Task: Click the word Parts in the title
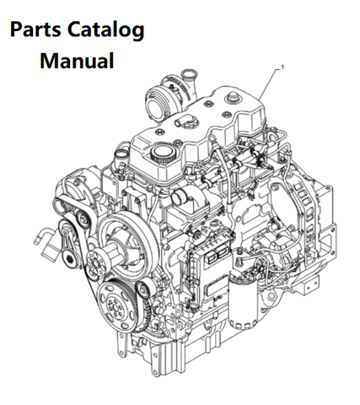35,30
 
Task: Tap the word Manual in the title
77,61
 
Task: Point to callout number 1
282,67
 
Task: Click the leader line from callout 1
269,84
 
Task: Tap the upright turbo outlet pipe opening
187,75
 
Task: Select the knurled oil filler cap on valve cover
161,154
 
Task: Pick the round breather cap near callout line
232,98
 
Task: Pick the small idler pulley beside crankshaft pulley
142,289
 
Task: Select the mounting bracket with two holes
311,285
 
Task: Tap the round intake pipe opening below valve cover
180,197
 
